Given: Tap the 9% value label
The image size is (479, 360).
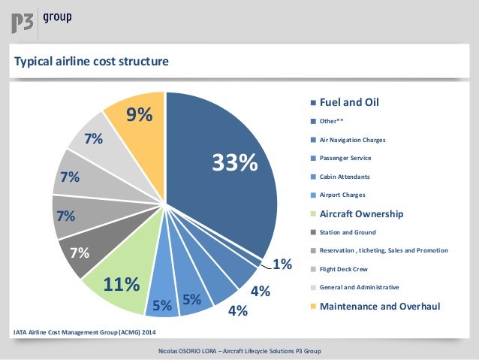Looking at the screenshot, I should click(x=139, y=115).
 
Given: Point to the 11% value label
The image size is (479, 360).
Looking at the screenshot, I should click(x=122, y=285).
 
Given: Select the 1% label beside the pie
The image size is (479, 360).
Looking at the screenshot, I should click(x=282, y=265).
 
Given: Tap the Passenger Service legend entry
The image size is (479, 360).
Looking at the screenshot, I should click(x=345, y=158).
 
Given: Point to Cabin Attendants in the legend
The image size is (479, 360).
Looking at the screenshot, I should click(x=345, y=177).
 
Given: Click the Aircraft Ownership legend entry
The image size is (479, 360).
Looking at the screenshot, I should click(x=362, y=213).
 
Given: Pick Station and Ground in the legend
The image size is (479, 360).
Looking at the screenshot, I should click(x=348, y=232).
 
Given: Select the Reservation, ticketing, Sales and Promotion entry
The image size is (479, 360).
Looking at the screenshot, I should click(x=384, y=250).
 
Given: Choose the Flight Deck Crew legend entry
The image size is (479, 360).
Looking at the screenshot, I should click(x=344, y=269).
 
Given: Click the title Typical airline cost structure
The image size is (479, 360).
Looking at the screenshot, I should click(x=92, y=60).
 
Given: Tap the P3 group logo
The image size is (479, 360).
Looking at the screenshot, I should click(x=41, y=20).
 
